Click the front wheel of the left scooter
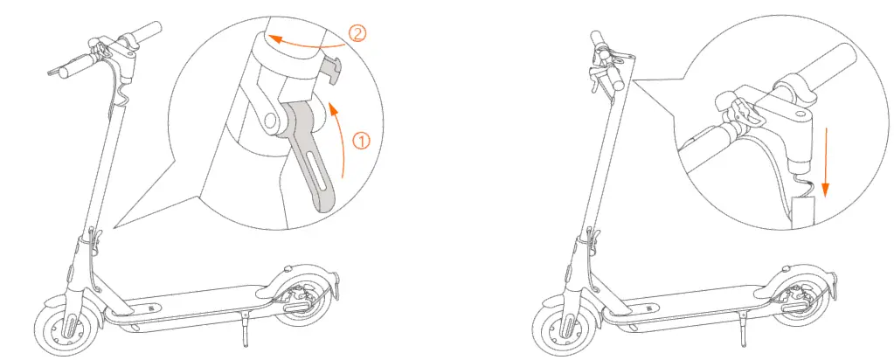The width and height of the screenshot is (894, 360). point(65,327)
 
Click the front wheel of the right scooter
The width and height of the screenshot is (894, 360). point(563,327)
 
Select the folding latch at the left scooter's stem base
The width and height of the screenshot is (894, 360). point(94,237)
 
